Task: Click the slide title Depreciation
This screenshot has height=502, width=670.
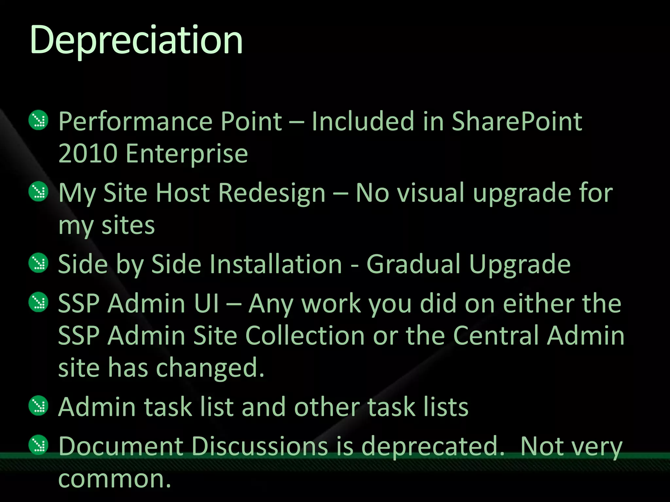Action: [136, 41]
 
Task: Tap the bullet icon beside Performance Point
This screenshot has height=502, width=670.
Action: [39, 120]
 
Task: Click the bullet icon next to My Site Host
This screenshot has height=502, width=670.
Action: [39, 192]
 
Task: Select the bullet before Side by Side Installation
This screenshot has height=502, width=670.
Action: [39, 263]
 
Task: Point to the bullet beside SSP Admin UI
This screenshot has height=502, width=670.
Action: [39, 302]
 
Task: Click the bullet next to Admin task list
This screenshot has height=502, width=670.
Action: [39, 406]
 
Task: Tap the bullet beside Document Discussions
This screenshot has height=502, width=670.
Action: [39, 445]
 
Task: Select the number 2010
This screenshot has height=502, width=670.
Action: [88, 154]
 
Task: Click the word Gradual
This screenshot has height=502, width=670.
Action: [413, 264]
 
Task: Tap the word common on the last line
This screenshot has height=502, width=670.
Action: [115, 479]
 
